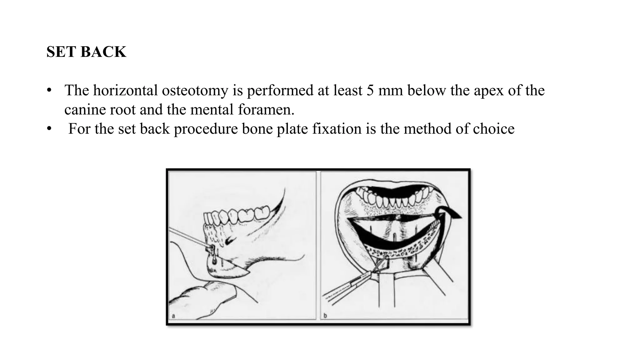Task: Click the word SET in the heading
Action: (62, 52)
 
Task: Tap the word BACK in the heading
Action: (103, 52)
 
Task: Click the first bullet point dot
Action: (49, 91)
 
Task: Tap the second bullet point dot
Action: (49, 129)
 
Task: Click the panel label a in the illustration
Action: (173, 316)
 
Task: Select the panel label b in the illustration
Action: (325, 316)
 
